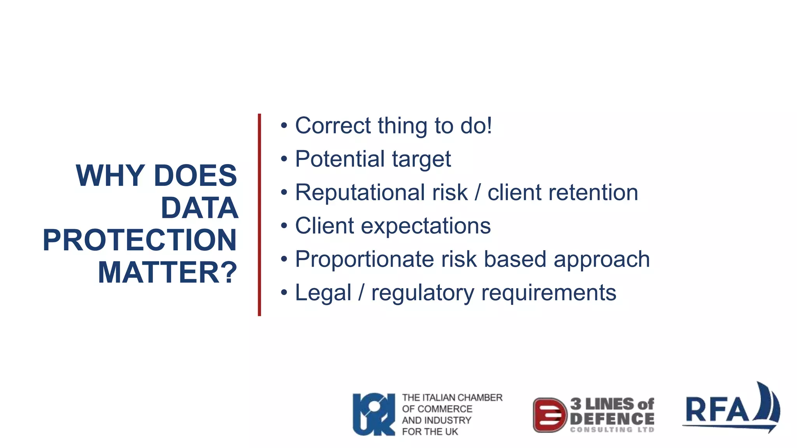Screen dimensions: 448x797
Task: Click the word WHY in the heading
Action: [110, 176]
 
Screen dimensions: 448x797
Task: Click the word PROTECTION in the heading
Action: [139, 240]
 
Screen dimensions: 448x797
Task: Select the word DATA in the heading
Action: [199, 208]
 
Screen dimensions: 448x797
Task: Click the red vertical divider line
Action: [259, 215]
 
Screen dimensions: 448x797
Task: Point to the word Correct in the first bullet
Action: [333, 126]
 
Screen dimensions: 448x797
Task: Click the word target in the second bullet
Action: [421, 159]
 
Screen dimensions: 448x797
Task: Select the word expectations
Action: [426, 226]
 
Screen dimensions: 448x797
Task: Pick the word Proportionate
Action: [364, 259]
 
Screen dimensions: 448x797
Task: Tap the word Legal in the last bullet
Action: [323, 293]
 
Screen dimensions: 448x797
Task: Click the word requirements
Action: [548, 293]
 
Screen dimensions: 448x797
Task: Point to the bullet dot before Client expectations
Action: [284, 226]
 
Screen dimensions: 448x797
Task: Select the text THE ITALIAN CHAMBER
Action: [452, 397]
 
